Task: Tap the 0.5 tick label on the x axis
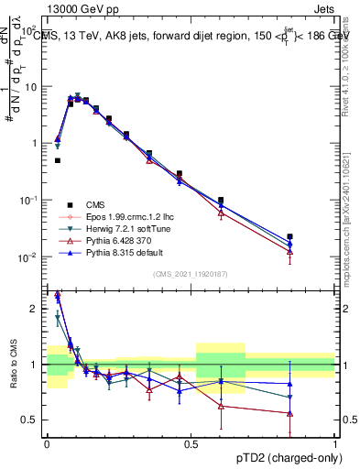[x=191, y=444]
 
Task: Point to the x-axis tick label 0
[x=47, y=444]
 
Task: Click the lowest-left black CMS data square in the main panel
[x=57, y=160]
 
